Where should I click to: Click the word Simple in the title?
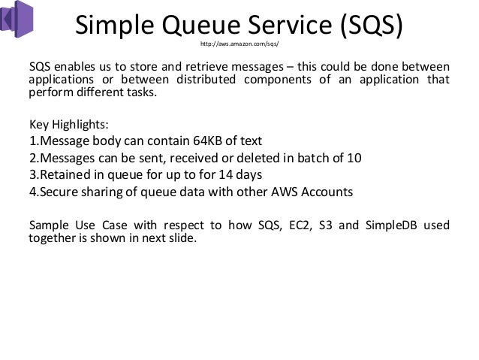[x=116, y=25]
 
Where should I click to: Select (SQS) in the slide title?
[x=367, y=25]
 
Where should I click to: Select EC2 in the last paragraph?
[x=279, y=225]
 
